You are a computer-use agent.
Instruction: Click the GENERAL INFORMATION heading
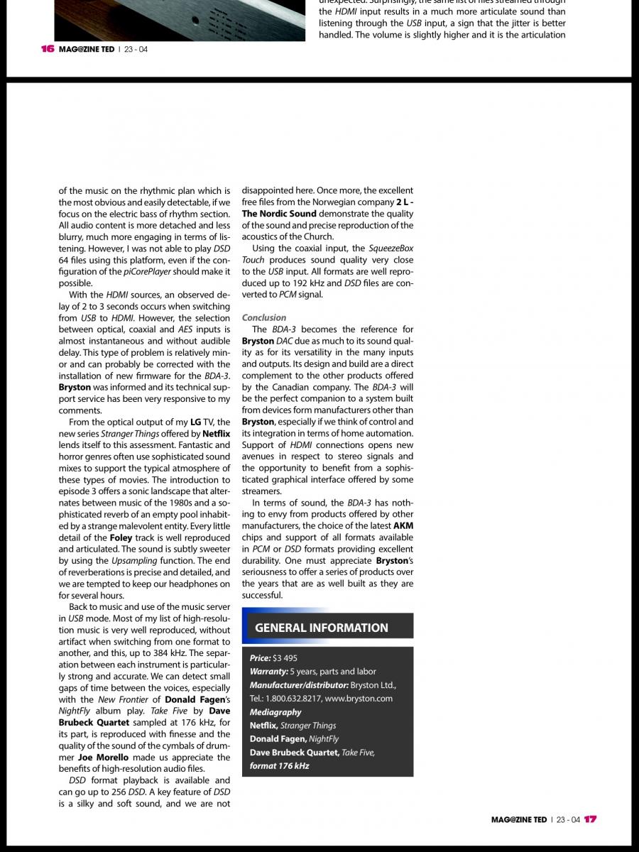coord(322,628)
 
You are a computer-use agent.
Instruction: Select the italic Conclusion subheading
coord(264,317)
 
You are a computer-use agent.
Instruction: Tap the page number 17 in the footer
coord(591,819)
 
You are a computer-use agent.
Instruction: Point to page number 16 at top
coord(48,49)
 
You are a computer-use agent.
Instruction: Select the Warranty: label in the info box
coord(268,672)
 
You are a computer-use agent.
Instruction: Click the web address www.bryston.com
coord(359,699)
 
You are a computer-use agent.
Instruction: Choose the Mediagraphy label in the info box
coord(275,712)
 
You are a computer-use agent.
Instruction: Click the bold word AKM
coord(403,526)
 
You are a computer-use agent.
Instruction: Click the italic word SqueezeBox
coord(390,248)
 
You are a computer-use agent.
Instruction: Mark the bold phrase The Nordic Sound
coord(279,214)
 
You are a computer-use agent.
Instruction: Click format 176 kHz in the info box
coord(279,766)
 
